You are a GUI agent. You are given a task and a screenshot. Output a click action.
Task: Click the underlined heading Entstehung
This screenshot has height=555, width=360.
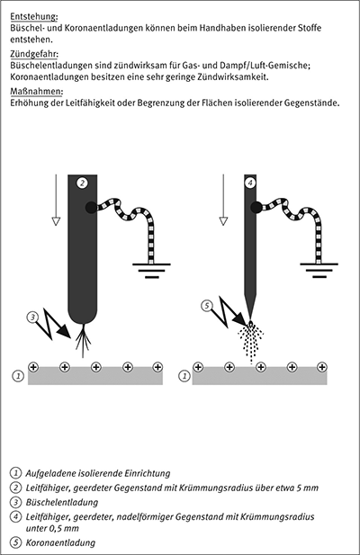pos(33,16)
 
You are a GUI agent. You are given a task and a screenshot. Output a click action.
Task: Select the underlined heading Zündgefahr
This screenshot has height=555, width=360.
pos(34,54)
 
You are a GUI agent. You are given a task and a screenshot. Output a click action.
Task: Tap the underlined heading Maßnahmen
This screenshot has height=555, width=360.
pos(37,92)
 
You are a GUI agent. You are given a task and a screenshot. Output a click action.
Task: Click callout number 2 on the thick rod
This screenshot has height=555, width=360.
pos(83,183)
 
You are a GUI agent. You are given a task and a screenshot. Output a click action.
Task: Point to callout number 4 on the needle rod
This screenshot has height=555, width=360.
pos(250,183)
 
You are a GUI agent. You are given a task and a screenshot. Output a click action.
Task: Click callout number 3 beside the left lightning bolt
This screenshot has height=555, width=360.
pos(32,317)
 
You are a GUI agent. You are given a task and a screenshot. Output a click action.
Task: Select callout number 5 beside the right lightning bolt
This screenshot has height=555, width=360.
pos(207,306)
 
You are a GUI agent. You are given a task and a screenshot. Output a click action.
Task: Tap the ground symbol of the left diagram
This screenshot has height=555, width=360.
pos(151,271)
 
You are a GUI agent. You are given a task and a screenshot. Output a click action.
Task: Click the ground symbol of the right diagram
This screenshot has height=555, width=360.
pos(319,271)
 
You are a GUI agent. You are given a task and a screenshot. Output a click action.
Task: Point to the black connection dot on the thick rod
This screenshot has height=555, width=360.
pos(91,208)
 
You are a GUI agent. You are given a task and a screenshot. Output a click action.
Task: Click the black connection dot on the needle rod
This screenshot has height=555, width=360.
pos(256,208)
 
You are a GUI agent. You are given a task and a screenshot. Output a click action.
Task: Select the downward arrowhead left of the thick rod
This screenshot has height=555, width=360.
pos(56,221)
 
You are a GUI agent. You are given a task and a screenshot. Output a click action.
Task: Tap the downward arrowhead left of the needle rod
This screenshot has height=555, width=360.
pos(223,221)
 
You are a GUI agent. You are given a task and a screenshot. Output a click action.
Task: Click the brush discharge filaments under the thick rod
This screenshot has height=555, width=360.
pos(83,340)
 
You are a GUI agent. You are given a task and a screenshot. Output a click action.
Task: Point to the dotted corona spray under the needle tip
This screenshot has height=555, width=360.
pos(251,342)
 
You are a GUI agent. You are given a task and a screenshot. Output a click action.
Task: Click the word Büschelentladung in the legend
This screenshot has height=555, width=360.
pos(62,502)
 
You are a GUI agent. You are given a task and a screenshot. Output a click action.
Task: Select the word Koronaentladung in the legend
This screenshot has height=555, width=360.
pos(60,542)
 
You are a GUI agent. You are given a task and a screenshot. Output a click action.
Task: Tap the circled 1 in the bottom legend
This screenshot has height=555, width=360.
pos(15,473)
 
